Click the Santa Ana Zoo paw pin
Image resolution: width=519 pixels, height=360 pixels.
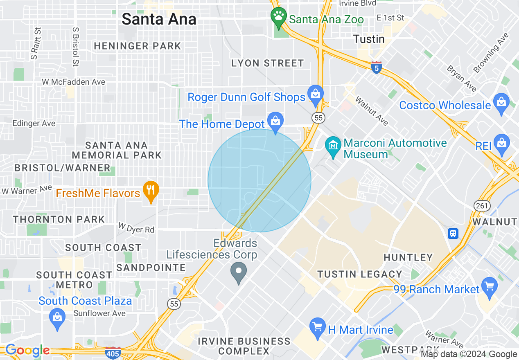(279, 17)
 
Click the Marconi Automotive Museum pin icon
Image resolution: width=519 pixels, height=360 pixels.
(333, 146)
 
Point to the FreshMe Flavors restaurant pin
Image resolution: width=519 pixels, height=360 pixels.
(151, 190)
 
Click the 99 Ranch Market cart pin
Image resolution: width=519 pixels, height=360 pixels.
(490, 286)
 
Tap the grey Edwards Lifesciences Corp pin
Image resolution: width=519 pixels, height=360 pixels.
(239, 272)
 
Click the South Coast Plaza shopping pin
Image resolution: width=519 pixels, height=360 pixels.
(57, 318)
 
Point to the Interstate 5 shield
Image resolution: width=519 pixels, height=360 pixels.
(377, 67)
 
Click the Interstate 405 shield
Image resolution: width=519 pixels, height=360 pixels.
(113, 353)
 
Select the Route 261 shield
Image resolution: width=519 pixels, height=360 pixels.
(482, 205)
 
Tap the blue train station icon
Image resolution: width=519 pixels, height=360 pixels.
(453, 233)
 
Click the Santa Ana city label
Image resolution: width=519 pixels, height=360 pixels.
(159, 19)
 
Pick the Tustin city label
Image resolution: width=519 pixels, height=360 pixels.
(369, 39)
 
